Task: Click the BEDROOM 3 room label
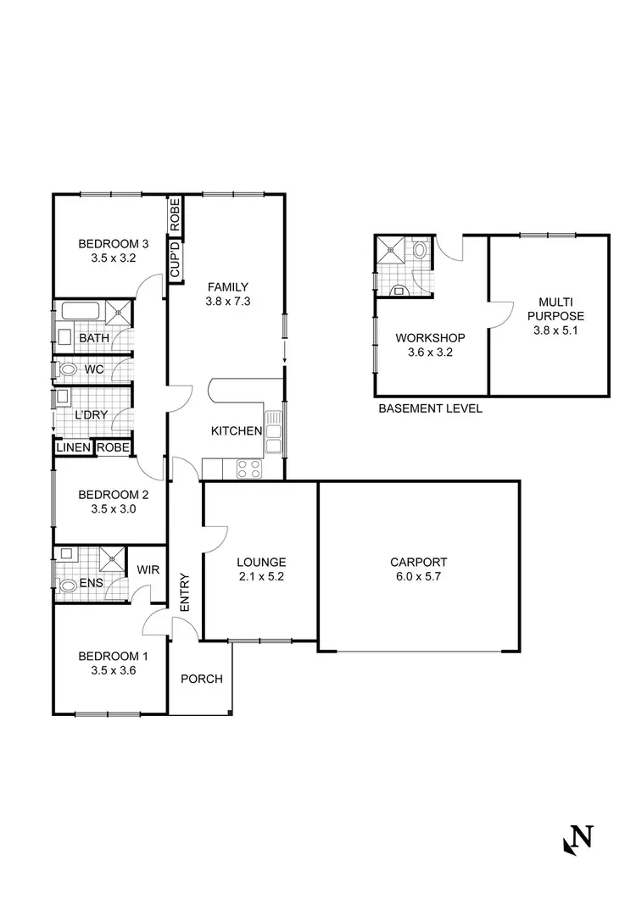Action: (x=107, y=243)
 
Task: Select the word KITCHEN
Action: (x=236, y=431)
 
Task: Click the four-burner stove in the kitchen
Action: (x=248, y=468)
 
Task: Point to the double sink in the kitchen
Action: (x=274, y=431)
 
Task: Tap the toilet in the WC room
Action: (x=69, y=369)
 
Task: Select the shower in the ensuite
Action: (x=111, y=558)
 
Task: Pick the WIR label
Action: (x=148, y=570)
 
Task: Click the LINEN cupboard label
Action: (x=73, y=447)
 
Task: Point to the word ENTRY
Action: (x=185, y=593)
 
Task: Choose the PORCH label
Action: (x=202, y=679)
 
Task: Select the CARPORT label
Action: (x=418, y=562)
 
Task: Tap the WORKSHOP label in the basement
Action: (x=431, y=337)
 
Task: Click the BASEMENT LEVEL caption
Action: (x=430, y=408)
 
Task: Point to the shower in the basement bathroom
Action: (x=393, y=249)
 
